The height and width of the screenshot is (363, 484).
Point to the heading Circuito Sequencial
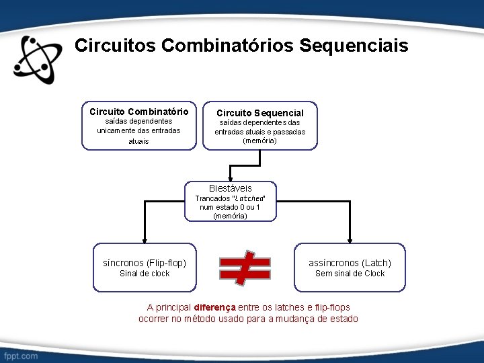tap(259, 113)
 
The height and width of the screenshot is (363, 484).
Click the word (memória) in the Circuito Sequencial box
tap(259, 141)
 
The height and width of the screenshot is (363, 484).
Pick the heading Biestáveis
tap(231, 188)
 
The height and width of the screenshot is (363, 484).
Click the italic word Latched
tap(248, 199)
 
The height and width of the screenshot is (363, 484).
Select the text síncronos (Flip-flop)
tap(145, 263)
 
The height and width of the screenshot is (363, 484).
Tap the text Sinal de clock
tap(145, 274)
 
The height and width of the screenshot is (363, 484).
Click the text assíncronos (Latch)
tap(350, 263)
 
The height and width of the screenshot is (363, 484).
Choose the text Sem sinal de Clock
tap(350, 274)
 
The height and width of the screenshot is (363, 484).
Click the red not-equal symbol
tap(245, 267)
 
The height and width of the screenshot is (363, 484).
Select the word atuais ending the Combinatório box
tap(138, 142)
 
